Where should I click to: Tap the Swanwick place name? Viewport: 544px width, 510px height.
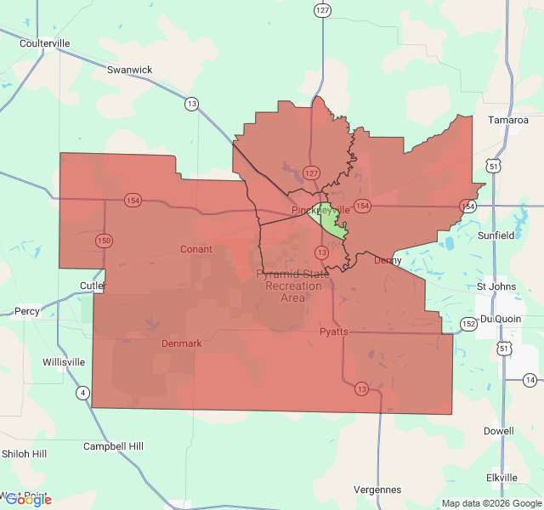coord(129,70)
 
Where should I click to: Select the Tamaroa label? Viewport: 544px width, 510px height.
coord(508,120)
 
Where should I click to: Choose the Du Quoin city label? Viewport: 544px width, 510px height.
coord(500,318)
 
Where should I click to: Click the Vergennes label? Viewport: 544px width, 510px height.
coord(377,490)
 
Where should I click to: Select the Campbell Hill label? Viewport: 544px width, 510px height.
coord(113,446)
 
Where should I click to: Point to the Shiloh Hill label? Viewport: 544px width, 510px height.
coord(24,454)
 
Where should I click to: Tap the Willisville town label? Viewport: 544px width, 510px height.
coord(64,362)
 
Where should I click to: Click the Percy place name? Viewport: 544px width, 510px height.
coord(27,311)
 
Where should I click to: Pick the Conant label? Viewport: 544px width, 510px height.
coord(196,249)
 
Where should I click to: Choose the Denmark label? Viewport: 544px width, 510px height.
coord(182,343)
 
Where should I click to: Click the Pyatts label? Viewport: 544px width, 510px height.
coord(333,331)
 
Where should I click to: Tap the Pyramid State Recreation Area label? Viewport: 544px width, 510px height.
coord(293,286)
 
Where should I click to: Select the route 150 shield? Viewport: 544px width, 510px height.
coord(104,241)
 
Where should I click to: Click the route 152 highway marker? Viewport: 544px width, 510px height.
coord(469,324)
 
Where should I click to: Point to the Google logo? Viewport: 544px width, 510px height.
coord(28,500)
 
